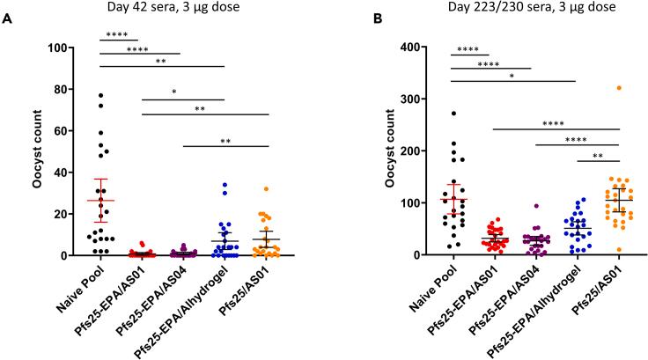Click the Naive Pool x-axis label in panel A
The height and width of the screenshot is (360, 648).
[86, 290]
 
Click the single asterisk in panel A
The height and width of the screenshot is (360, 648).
[182, 92]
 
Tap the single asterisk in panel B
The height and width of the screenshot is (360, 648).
[513, 77]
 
